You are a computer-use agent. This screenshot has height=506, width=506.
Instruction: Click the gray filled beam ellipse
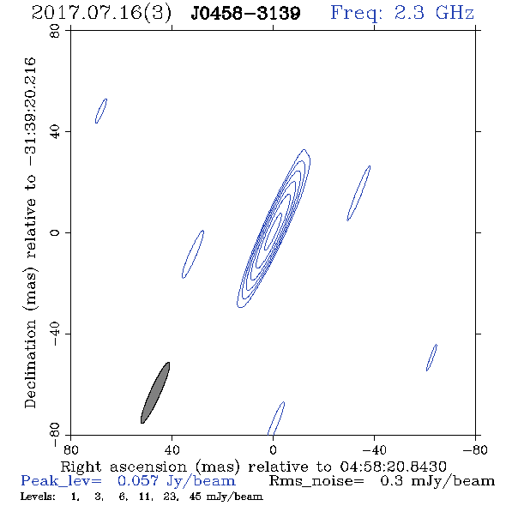point(155,393)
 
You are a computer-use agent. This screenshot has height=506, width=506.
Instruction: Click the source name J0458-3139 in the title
point(246,13)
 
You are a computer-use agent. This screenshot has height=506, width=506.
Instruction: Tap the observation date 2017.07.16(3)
point(102,13)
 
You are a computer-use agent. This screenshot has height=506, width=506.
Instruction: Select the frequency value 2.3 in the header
point(409,13)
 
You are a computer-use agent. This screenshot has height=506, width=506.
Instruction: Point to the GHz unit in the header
point(455,13)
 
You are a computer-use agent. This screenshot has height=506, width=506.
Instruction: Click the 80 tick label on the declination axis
point(55,31)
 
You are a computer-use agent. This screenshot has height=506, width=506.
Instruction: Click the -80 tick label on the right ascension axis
point(475,449)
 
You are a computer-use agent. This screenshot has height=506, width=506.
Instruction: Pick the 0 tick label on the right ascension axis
point(273,449)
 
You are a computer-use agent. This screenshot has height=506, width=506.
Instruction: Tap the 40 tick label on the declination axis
point(55,132)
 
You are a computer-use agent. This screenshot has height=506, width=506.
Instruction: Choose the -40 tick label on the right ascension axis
point(374,449)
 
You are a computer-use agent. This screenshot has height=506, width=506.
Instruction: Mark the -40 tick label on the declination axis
point(55,334)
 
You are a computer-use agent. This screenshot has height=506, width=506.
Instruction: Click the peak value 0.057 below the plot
point(138,481)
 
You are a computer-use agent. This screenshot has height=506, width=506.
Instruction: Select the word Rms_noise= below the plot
point(316,481)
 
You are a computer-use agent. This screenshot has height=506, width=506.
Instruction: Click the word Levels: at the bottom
point(38,497)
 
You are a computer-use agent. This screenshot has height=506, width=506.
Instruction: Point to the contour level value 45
point(196,497)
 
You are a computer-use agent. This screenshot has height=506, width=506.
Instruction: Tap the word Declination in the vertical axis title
point(30,364)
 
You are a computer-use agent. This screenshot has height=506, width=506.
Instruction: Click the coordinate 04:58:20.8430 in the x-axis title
point(393,467)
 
